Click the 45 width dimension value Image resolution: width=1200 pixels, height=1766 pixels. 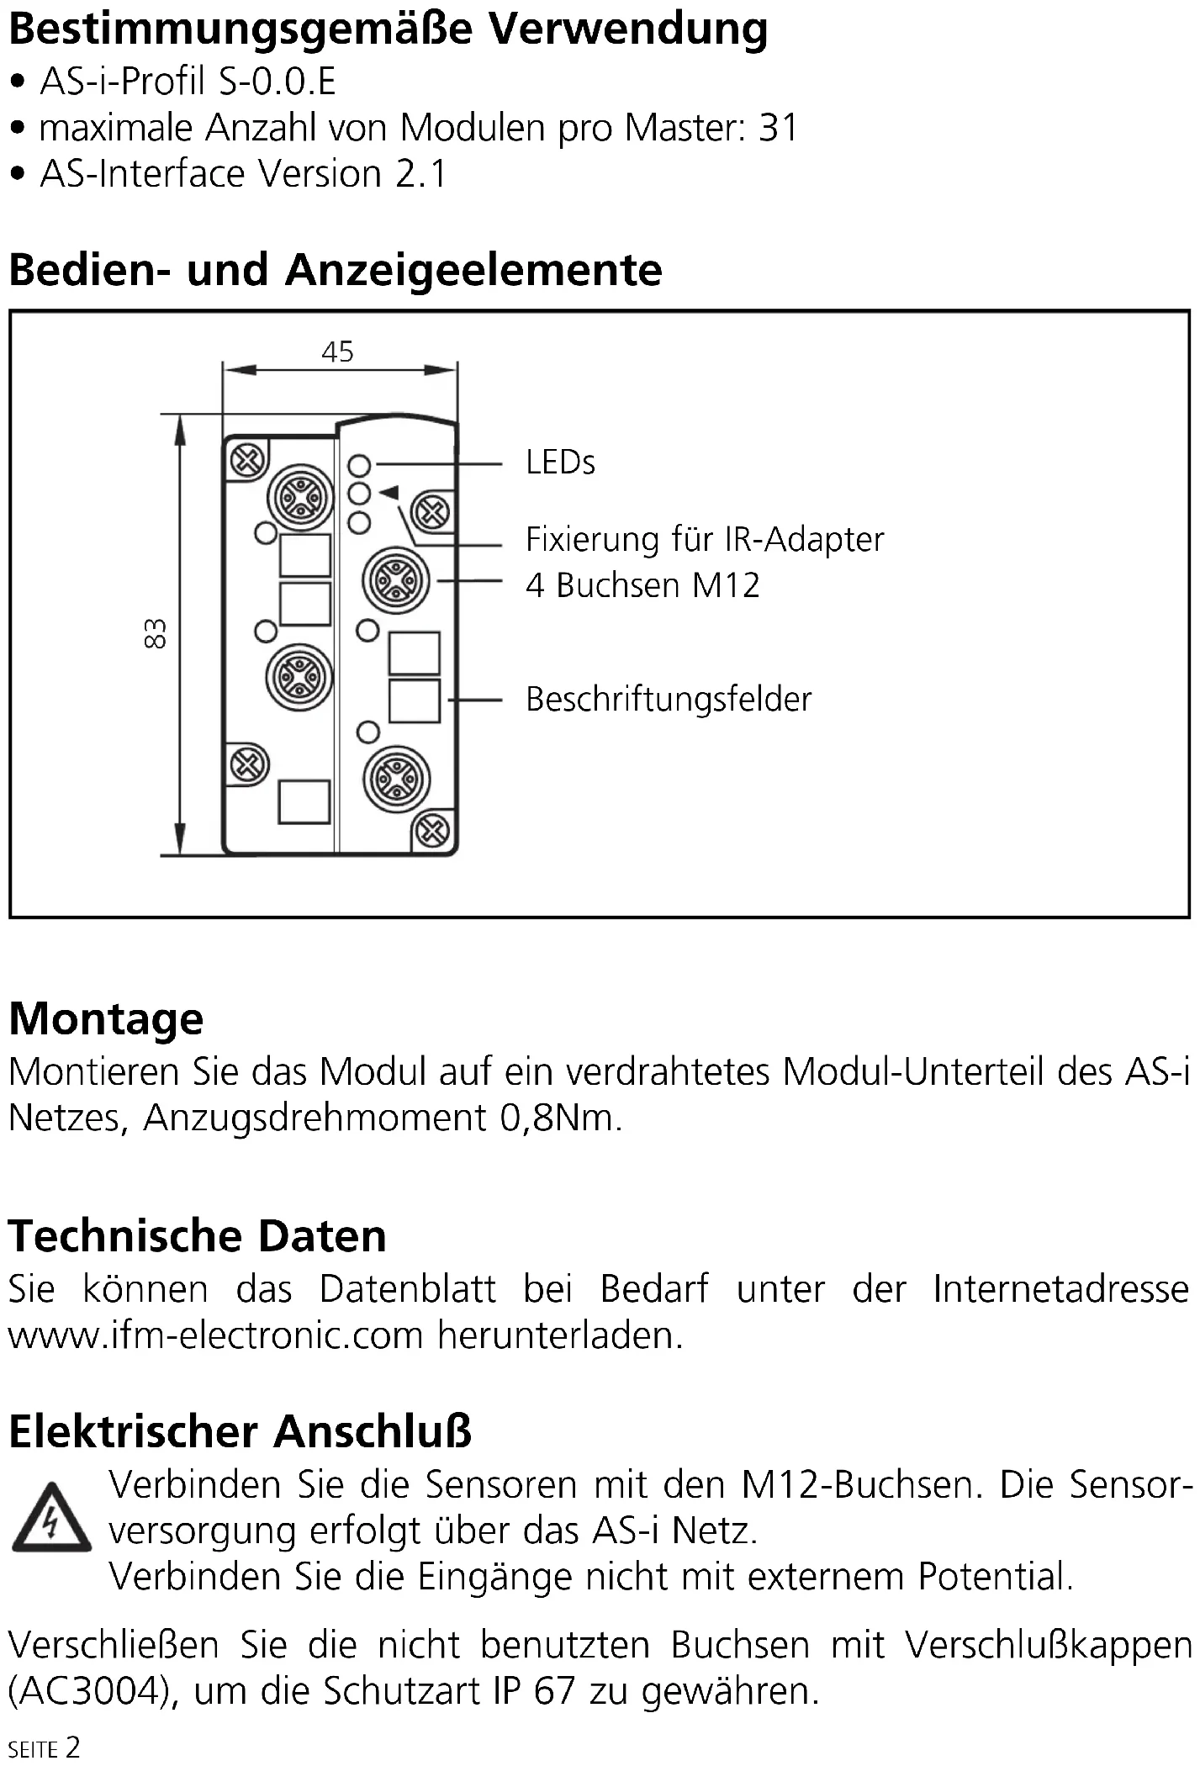pos(337,352)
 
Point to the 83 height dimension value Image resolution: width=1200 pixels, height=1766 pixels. pos(156,633)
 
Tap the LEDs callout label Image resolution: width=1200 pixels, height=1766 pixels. pos(560,463)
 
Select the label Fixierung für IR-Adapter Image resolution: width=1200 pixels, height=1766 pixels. pos(704,539)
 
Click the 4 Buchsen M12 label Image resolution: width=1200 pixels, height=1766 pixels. pos(642,585)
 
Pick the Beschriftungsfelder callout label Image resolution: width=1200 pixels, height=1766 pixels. pos(669,700)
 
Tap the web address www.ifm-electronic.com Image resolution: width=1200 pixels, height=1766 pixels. pos(215,1335)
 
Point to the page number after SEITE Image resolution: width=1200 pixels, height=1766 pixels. pos(73,1747)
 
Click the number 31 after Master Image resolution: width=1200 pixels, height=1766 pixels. pos(778,128)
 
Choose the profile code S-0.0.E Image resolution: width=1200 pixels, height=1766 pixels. pos(277,82)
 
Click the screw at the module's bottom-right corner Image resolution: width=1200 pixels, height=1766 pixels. pos(432,831)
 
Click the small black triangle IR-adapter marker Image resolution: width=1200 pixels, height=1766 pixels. pos(389,493)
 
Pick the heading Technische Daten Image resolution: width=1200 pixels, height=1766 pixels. pos(198,1236)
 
